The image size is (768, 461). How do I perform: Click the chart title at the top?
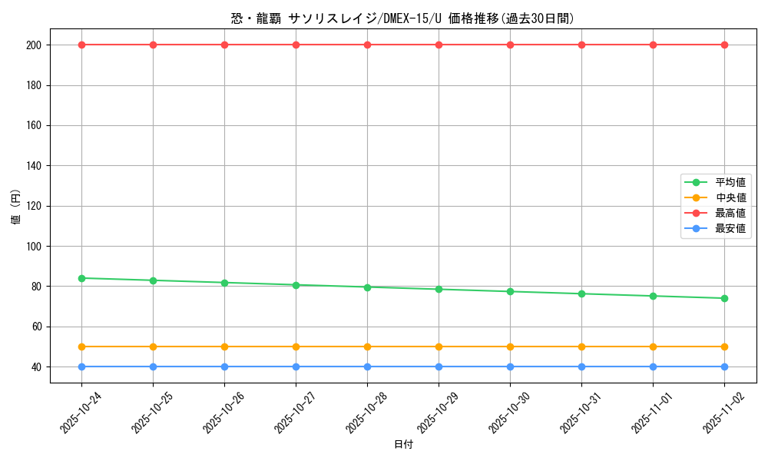[x=402, y=18]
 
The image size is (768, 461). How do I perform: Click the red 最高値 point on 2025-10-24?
[x=81, y=45]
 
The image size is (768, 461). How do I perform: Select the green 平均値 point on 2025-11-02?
[x=724, y=298]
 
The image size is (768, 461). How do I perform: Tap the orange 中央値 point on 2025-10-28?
[x=367, y=347]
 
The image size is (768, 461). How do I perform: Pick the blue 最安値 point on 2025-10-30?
[x=510, y=366]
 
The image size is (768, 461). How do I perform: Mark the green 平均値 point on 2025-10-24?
[x=81, y=278]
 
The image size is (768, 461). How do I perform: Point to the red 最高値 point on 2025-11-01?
[x=653, y=45]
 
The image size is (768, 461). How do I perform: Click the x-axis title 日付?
[x=403, y=445]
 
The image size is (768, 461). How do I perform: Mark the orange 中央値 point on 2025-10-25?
[x=153, y=347]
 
